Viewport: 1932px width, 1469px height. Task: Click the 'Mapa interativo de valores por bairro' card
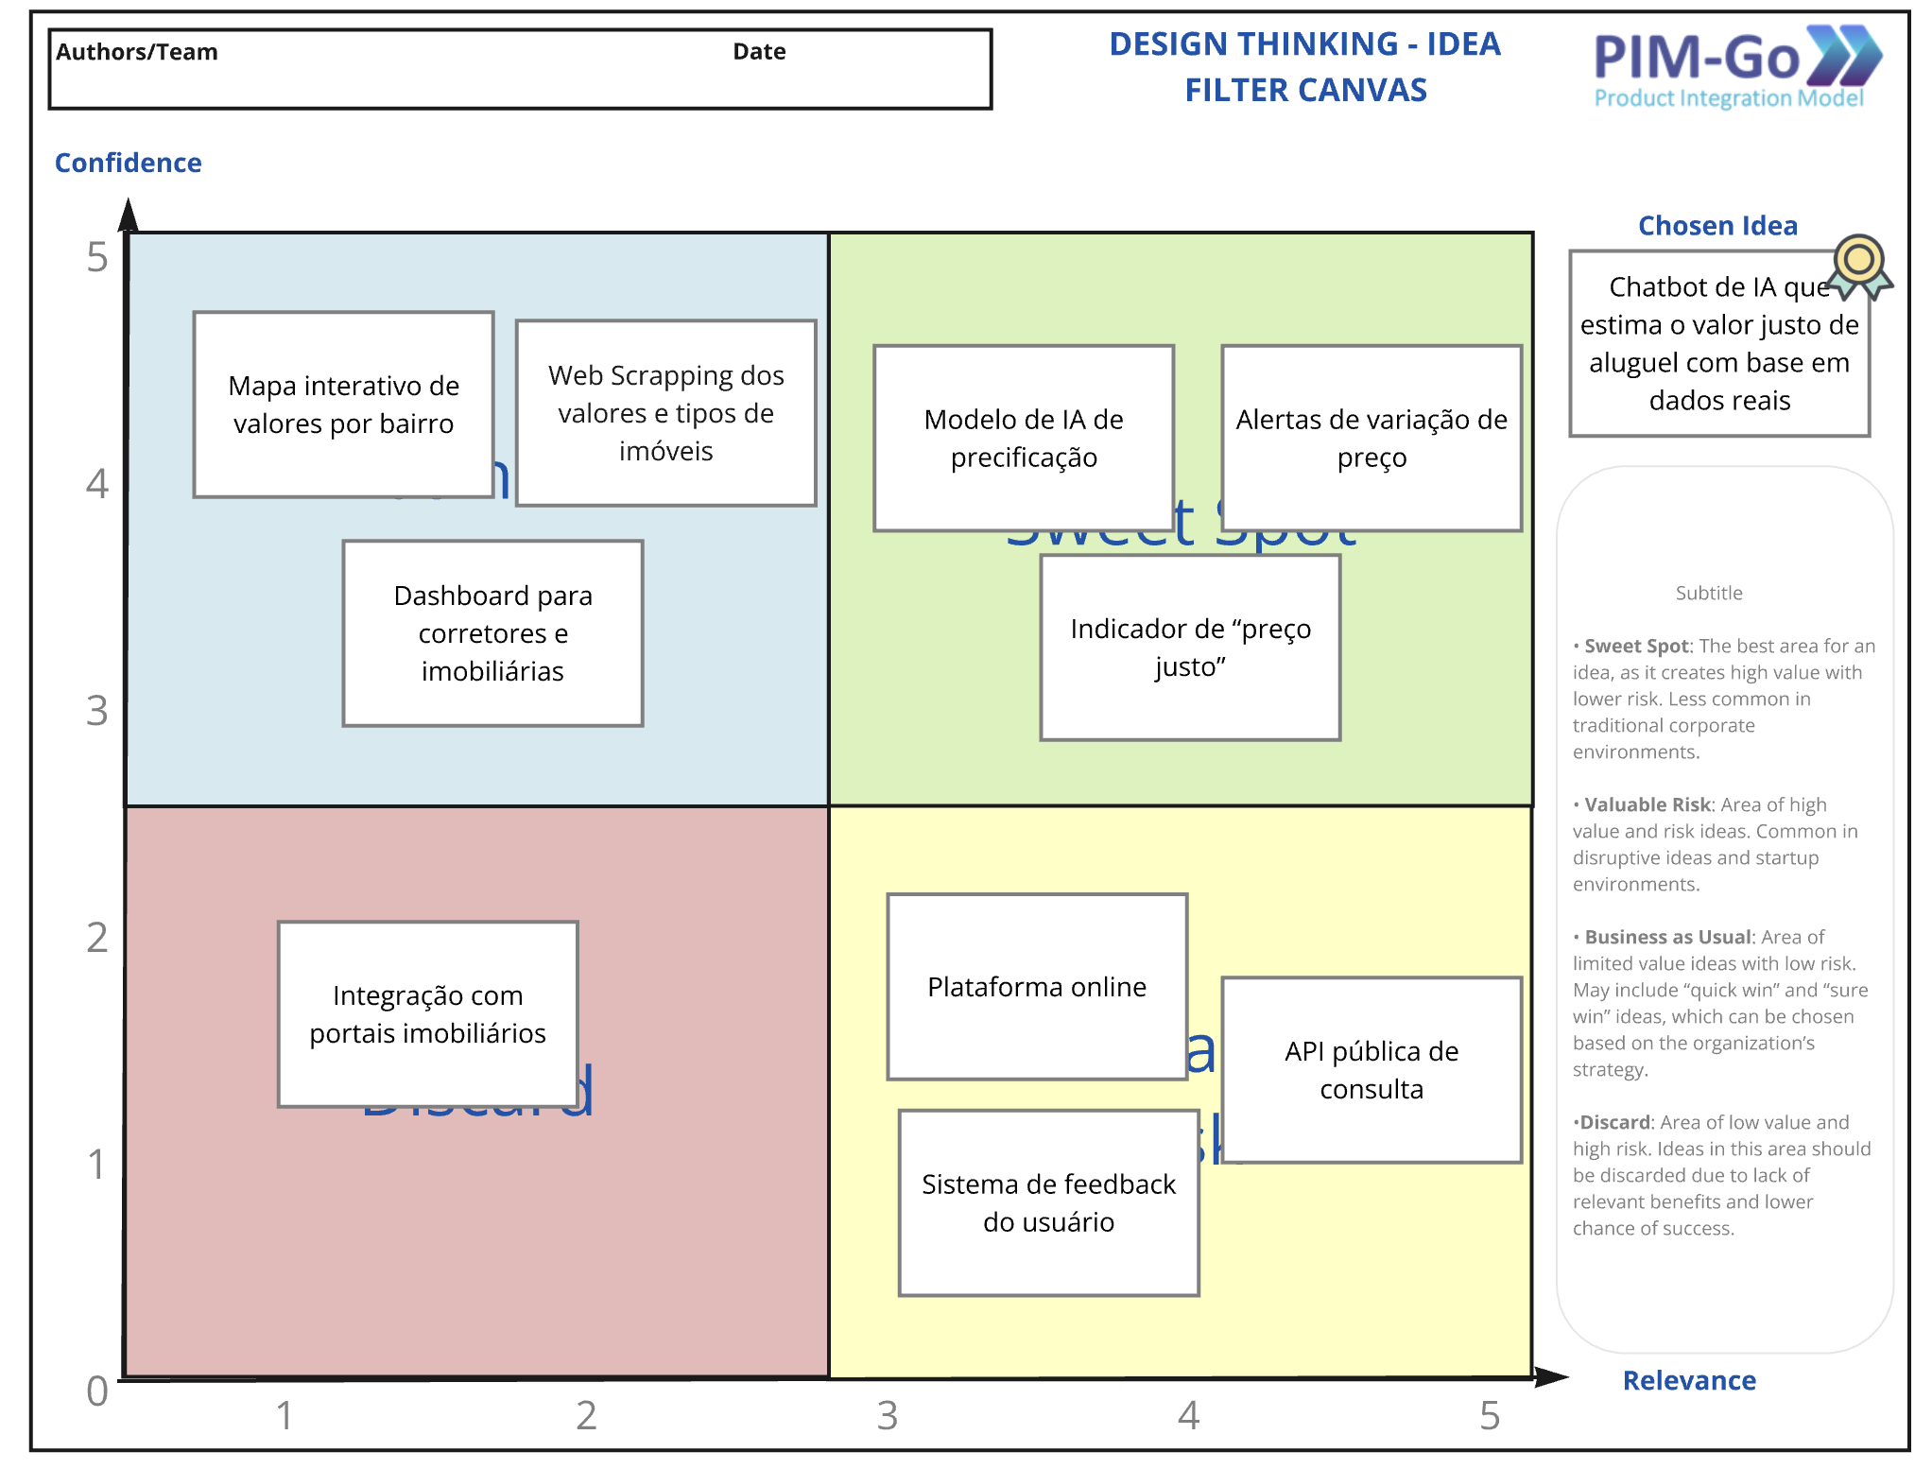tap(343, 405)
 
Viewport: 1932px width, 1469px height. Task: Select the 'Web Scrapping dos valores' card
tap(665, 413)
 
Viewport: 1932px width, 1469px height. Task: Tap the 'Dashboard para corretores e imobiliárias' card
tap(492, 633)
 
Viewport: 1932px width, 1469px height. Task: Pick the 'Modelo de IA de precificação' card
tap(1024, 439)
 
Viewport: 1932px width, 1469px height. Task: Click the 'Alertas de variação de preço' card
tap(1371, 439)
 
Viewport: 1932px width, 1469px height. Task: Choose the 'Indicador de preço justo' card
tap(1190, 648)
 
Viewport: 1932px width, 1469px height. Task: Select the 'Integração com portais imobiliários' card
tap(427, 1014)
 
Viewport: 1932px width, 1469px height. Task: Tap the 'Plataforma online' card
tap(1037, 987)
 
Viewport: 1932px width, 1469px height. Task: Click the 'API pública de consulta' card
tap(1371, 1070)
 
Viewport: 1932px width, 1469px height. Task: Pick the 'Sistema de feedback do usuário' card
tap(1048, 1202)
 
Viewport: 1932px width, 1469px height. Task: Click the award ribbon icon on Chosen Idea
tap(1859, 266)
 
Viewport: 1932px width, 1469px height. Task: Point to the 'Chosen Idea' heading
tap(1717, 226)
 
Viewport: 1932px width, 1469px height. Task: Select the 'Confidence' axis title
tap(129, 163)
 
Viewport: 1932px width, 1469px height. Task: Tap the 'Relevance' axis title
tap(1689, 1380)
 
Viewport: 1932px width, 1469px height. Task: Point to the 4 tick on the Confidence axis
tap(97, 484)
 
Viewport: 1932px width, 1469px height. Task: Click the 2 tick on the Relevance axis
tap(586, 1415)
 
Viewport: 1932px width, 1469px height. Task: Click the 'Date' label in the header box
tap(759, 52)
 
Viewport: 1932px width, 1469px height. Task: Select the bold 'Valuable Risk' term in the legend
tap(1647, 804)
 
